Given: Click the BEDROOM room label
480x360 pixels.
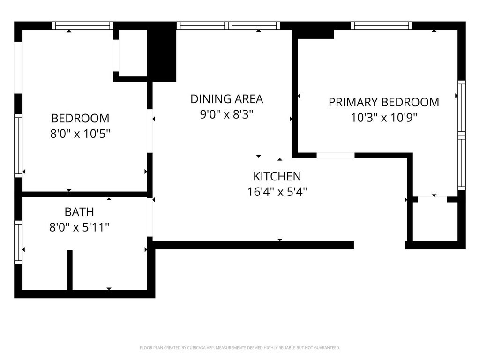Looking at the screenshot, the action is click(x=80, y=118).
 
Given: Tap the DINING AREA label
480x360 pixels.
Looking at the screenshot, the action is click(x=227, y=99).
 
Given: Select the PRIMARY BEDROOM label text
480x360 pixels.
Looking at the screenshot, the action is click(x=384, y=102).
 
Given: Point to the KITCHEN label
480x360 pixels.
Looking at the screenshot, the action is click(x=277, y=176).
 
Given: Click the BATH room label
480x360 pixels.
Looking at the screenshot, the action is click(x=79, y=212).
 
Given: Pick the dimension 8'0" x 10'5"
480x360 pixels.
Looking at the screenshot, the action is click(x=80, y=134).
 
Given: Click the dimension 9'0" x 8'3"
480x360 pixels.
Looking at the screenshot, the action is click(x=227, y=114).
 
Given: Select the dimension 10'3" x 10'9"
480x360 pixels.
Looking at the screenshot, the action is click(x=384, y=118).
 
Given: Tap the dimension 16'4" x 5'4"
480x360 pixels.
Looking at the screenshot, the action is click(x=277, y=192).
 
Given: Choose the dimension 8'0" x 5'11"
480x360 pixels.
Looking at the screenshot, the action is click(x=79, y=227).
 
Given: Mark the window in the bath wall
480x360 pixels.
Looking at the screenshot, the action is click(x=18, y=242).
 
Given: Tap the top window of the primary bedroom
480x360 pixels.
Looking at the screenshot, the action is click(x=382, y=25).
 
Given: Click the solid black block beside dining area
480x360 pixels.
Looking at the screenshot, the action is click(x=162, y=52).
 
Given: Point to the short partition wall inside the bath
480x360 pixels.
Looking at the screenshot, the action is click(x=70, y=270).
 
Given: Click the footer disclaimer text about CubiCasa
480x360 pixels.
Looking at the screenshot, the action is click(x=240, y=348).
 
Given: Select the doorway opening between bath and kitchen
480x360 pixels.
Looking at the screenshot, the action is click(x=150, y=217).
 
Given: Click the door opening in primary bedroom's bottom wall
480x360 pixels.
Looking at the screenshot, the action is click(x=336, y=156).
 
